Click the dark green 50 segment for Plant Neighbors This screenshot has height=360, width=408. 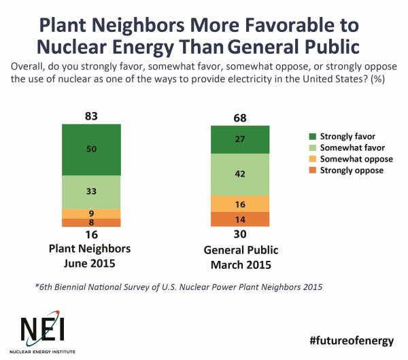point(91,149)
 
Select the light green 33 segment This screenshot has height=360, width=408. point(91,192)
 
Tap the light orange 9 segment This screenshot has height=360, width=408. point(91,214)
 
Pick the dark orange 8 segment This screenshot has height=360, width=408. point(91,223)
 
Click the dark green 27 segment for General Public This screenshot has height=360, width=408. point(240,139)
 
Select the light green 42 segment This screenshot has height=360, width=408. point(240,174)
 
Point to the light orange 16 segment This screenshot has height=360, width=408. point(240,203)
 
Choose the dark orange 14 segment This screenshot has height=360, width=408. point(240,219)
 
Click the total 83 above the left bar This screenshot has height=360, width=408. point(91,116)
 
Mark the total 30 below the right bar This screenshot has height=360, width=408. point(240,235)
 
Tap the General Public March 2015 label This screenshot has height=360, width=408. point(240,256)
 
